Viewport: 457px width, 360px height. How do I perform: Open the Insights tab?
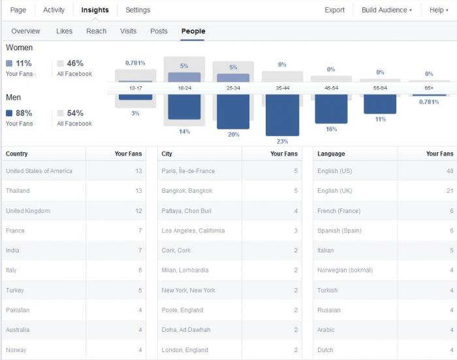(95, 10)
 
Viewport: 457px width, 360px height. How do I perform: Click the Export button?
(334, 10)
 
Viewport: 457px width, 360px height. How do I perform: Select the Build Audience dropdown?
(386, 10)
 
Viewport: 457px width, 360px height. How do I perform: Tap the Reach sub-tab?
(96, 31)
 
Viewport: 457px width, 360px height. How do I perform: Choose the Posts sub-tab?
(159, 31)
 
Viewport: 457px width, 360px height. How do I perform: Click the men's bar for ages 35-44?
(283, 115)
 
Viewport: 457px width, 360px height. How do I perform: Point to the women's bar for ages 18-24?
(184, 77)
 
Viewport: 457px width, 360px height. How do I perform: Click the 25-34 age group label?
(233, 88)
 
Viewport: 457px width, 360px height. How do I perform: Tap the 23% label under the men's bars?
(283, 142)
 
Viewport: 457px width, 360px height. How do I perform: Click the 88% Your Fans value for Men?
(24, 113)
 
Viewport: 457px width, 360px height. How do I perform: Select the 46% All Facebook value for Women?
(75, 63)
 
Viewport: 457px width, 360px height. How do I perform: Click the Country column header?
(16, 154)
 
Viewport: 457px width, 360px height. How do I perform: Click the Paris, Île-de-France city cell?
(188, 171)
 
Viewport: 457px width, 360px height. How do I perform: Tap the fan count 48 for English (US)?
(450, 171)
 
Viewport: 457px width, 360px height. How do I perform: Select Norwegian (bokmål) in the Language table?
(345, 270)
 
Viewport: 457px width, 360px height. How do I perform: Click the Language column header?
(331, 154)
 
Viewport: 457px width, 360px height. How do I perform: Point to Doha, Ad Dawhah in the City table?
(186, 330)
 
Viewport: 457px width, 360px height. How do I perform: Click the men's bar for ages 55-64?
(380, 104)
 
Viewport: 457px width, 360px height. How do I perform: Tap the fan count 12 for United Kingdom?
(138, 211)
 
